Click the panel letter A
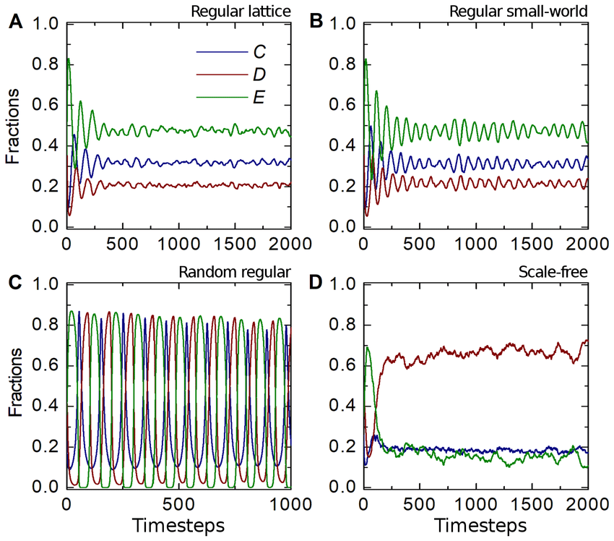tap(14, 22)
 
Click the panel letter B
tap(315, 22)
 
